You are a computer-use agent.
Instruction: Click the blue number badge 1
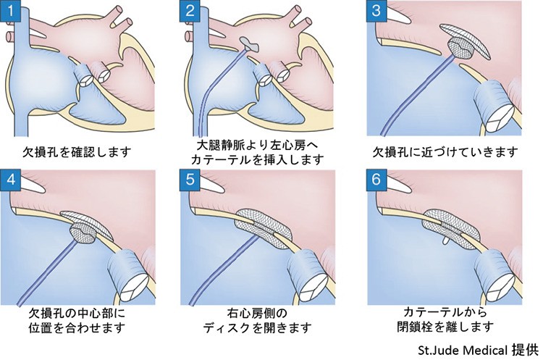click(x=11, y=10)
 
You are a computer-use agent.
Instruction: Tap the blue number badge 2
click(x=190, y=10)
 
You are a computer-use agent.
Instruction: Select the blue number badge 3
click(x=376, y=10)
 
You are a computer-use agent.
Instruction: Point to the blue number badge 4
click(x=11, y=180)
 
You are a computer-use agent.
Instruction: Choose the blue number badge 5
click(x=190, y=180)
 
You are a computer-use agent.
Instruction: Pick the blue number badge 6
click(x=376, y=180)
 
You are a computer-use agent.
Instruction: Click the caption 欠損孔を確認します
click(x=77, y=152)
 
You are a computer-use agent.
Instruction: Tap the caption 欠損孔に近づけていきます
click(x=445, y=152)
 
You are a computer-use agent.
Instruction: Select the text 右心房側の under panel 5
click(x=257, y=314)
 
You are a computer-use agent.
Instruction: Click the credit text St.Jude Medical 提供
click(x=479, y=351)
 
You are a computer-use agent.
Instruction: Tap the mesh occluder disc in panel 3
click(x=464, y=41)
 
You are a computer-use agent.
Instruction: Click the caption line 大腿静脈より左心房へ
click(x=257, y=145)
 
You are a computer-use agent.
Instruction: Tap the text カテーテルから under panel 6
click(x=445, y=312)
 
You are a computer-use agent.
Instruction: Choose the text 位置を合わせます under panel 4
click(x=77, y=327)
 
